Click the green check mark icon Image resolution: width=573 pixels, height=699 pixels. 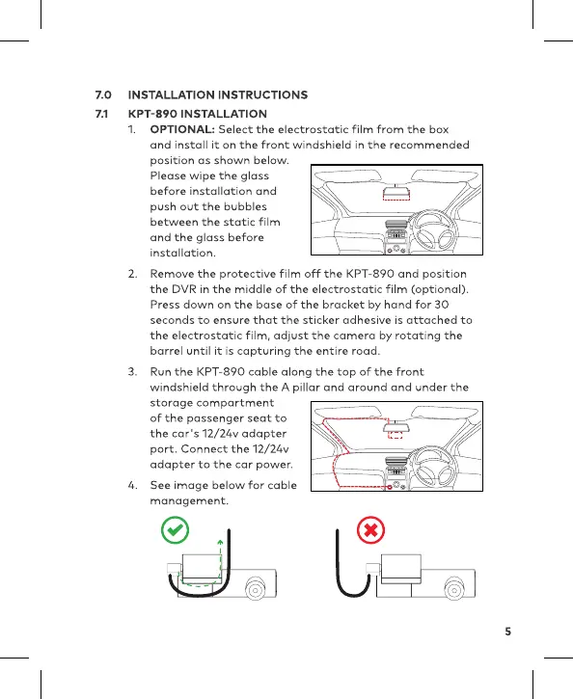[175, 530]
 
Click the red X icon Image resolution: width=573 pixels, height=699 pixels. [370, 530]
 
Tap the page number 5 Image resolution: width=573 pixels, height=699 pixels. [508, 632]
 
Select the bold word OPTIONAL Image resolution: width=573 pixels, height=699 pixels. [182, 129]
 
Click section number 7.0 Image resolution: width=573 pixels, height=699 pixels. [103, 94]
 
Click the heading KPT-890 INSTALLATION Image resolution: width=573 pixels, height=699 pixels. [198, 114]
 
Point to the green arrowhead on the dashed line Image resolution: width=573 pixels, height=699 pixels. [220, 542]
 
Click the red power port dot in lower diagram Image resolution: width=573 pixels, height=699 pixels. [390, 487]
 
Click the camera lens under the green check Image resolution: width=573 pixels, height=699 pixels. [256, 589]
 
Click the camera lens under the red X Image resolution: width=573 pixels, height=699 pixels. [454, 589]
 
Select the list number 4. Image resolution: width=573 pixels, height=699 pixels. [132, 485]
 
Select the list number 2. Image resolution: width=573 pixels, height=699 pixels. [132, 274]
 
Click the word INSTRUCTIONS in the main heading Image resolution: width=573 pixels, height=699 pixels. [262, 94]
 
